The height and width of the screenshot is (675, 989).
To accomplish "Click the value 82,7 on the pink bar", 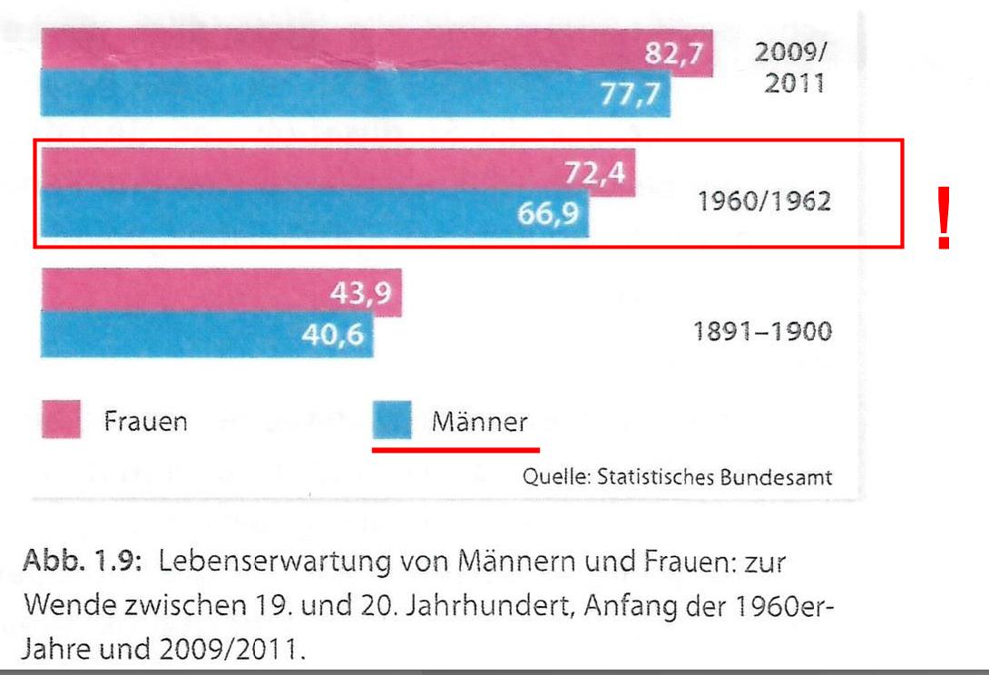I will click(673, 54).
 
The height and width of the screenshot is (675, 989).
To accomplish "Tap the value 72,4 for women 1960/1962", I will click(595, 171).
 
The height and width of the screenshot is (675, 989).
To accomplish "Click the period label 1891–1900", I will click(762, 332).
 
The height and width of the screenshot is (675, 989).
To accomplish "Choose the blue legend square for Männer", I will click(393, 421).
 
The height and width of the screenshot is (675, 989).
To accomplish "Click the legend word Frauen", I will click(144, 422).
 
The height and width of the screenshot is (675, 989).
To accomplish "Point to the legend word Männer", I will click(480, 422).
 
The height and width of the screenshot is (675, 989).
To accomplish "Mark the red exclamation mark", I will click(945, 218).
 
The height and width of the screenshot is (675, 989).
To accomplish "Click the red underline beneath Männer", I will click(456, 447).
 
